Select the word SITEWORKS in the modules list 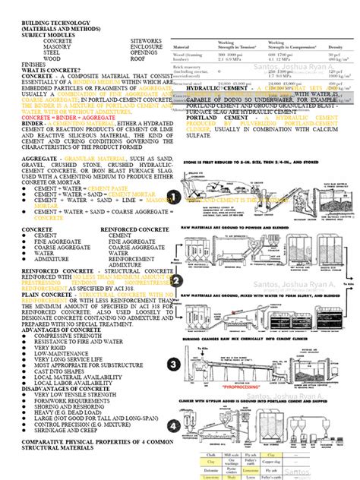[146, 39]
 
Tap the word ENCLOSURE [147, 46]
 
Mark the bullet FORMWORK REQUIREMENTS [68, 380]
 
